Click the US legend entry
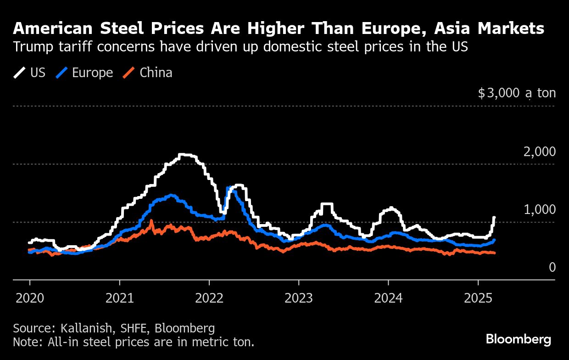(x=30, y=73)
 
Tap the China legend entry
(x=148, y=73)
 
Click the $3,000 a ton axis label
(x=517, y=94)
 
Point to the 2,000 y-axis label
(x=540, y=152)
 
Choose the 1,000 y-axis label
(x=540, y=210)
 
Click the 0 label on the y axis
(x=552, y=268)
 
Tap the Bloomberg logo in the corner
(x=519, y=340)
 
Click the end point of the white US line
(x=494, y=218)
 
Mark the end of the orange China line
(x=494, y=253)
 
